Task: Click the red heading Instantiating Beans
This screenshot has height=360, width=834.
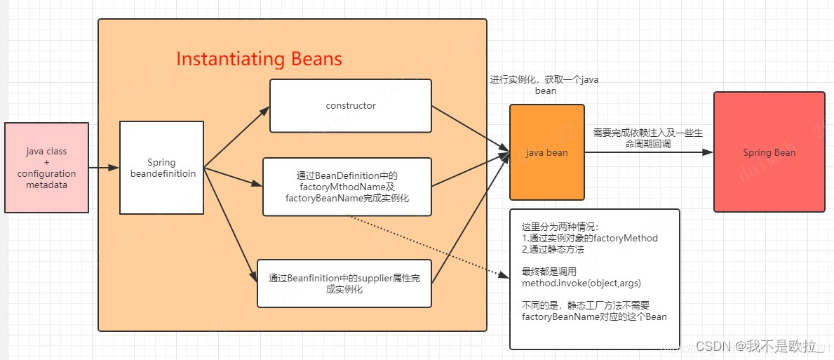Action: pyautogui.click(x=259, y=59)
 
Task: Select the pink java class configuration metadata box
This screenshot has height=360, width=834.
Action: pyautogui.click(x=47, y=168)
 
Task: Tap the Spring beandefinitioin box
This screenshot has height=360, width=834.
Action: pyautogui.click(x=161, y=168)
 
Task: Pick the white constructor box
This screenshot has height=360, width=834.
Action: pyautogui.click(x=350, y=106)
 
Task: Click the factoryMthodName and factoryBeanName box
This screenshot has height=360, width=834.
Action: pyautogui.click(x=347, y=187)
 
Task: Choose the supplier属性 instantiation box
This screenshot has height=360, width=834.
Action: pyautogui.click(x=344, y=284)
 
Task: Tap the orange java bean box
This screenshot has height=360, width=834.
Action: pyautogui.click(x=546, y=152)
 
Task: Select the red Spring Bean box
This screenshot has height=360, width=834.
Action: pyautogui.click(x=769, y=152)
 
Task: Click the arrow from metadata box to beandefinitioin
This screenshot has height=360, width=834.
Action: pyautogui.click(x=104, y=168)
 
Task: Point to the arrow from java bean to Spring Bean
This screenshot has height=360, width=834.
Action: pyautogui.click(x=649, y=152)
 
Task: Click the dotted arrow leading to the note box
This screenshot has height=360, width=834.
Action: pyautogui.click(x=428, y=246)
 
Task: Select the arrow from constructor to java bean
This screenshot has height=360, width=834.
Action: pyautogui.click(x=470, y=128)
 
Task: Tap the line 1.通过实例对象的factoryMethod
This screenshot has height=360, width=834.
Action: pyautogui.click(x=589, y=238)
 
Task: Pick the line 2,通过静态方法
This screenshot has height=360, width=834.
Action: pyautogui.click(x=553, y=249)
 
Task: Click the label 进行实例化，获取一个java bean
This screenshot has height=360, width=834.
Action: pyautogui.click(x=545, y=85)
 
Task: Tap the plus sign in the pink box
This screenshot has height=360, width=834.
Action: pyautogui.click(x=47, y=162)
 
